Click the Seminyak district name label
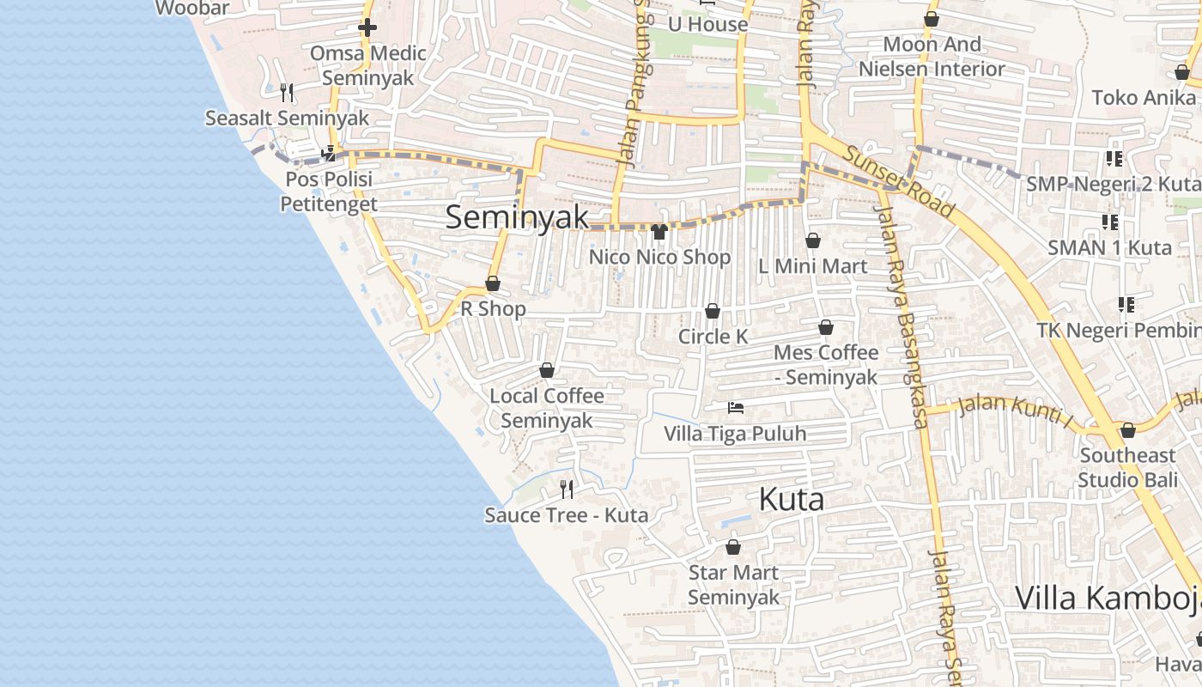(x=517, y=217)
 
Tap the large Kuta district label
(x=792, y=499)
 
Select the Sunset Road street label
(x=899, y=181)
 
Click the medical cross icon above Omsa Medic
(x=367, y=27)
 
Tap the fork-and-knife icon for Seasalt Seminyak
(x=287, y=92)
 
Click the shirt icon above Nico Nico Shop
(x=659, y=231)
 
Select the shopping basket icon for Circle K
(x=713, y=311)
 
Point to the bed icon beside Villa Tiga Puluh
(x=736, y=407)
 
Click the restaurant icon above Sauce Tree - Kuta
(x=567, y=489)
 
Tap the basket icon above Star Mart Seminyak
(x=733, y=547)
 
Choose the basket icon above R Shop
(x=493, y=283)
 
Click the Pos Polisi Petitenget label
(x=329, y=192)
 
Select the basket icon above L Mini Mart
(x=813, y=241)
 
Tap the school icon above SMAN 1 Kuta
(x=1110, y=222)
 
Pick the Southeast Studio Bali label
(x=1127, y=467)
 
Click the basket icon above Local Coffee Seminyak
(x=547, y=370)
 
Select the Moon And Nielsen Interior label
(x=932, y=56)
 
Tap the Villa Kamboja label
(x=1108, y=598)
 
